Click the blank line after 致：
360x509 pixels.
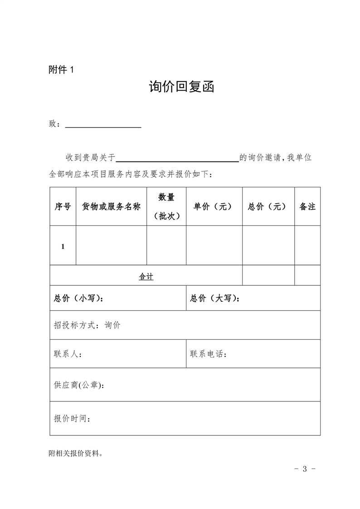pos(103,126)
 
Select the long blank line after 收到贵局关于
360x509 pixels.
pos(177,160)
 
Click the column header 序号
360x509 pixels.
pos(63,206)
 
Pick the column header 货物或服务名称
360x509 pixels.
pos(111,206)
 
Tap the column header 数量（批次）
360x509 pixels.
pos(166,206)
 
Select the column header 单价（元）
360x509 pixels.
pos(213,206)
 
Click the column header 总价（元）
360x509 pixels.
pos(268,206)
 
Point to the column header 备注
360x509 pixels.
pos(307,206)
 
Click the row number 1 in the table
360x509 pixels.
pos(63,246)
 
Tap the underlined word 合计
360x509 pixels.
pos(146,276)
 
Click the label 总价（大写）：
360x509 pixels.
pos(215,298)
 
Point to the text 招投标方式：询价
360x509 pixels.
pos(87,325)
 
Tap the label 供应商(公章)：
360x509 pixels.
pos(78,385)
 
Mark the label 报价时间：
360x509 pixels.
pos(72,418)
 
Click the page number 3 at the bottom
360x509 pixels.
pos(305,469)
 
